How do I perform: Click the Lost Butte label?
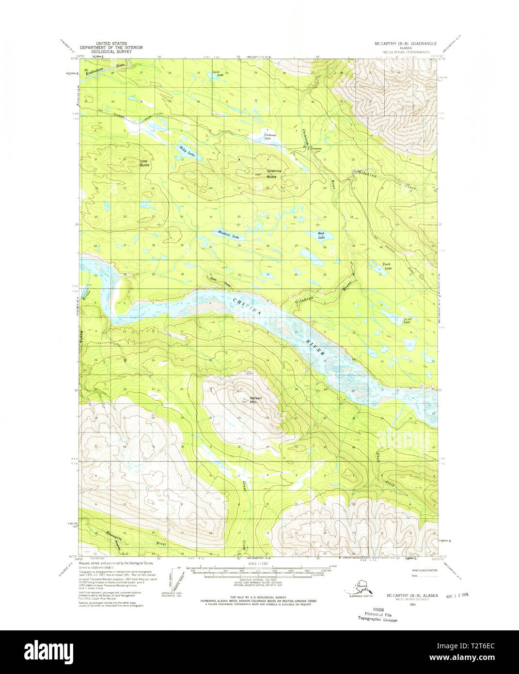pyautogui.click(x=144, y=163)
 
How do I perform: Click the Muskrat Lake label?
pyautogui.click(x=228, y=236)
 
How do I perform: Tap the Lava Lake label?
pyautogui.click(x=218, y=74)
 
